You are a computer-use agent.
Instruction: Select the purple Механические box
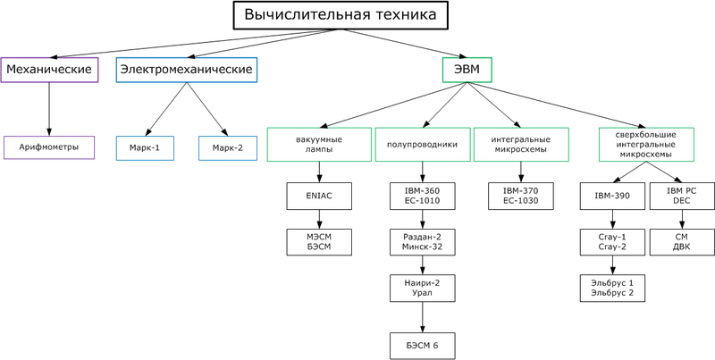(48, 70)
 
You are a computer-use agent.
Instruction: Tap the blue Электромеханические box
(187, 70)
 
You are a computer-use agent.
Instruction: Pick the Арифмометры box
(49, 147)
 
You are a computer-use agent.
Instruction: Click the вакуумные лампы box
(318, 145)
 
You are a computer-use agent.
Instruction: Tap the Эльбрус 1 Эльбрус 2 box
(612, 287)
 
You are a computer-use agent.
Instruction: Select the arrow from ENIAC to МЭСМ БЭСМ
(318, 217)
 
